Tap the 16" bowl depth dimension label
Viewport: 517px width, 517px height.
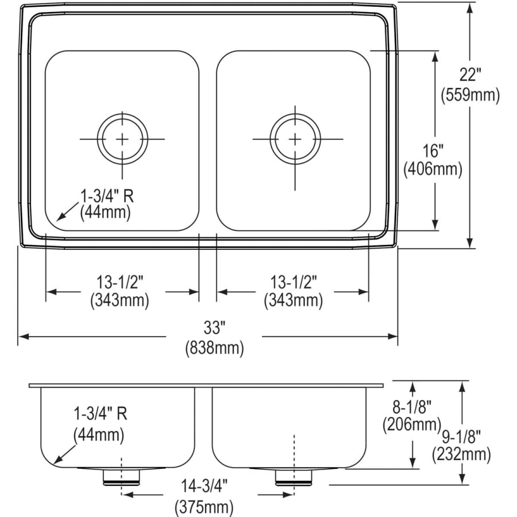pos(433,151)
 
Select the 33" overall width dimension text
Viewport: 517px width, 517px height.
pos(214,329)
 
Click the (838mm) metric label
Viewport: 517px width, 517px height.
pos(214,348)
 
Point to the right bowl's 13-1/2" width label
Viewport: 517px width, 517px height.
pos(294,281)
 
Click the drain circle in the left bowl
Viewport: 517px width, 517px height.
pos(122,138)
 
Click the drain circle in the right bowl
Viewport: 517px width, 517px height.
pos(295,138)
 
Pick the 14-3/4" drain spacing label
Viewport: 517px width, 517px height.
pos(204,487)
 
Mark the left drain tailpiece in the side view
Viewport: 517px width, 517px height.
pos(121,477)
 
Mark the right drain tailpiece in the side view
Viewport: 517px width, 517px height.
pos(293,477)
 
